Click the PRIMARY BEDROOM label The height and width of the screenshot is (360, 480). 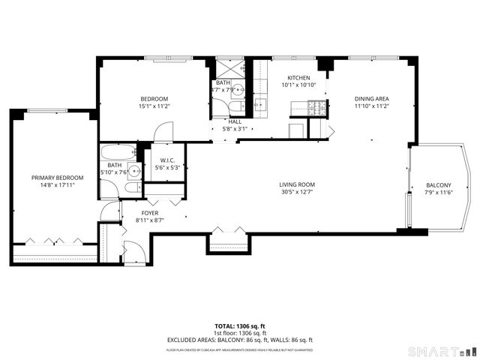pos(57,178)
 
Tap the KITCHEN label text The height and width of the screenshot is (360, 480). pos(298,77)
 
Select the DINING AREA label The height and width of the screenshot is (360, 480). pos(371,98)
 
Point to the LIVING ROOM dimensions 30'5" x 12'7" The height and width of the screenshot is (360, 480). pos(296,192)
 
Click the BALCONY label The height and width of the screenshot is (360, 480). pos(439,185)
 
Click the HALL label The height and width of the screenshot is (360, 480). pos(235,121)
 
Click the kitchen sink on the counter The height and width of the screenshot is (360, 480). pos(261,104)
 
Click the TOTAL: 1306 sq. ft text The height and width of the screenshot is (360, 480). pos(240,326)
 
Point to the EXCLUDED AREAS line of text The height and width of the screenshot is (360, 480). pos(240,340)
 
